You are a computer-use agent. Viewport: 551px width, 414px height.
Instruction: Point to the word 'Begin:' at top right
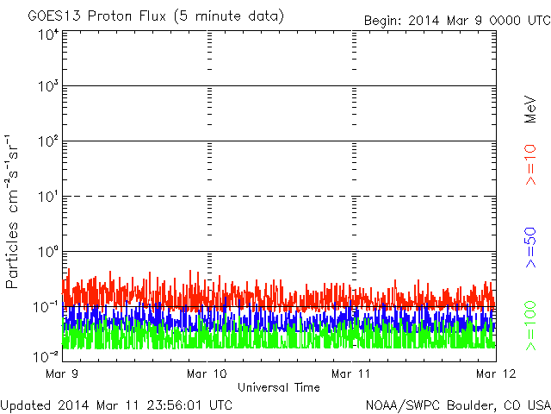coord(383,21)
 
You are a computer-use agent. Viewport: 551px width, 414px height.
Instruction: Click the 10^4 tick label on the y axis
coord(47,34)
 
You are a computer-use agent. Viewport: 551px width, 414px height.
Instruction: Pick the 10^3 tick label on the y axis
coord(47,86)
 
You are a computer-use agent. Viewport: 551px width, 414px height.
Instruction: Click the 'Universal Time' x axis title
coord(278,387)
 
